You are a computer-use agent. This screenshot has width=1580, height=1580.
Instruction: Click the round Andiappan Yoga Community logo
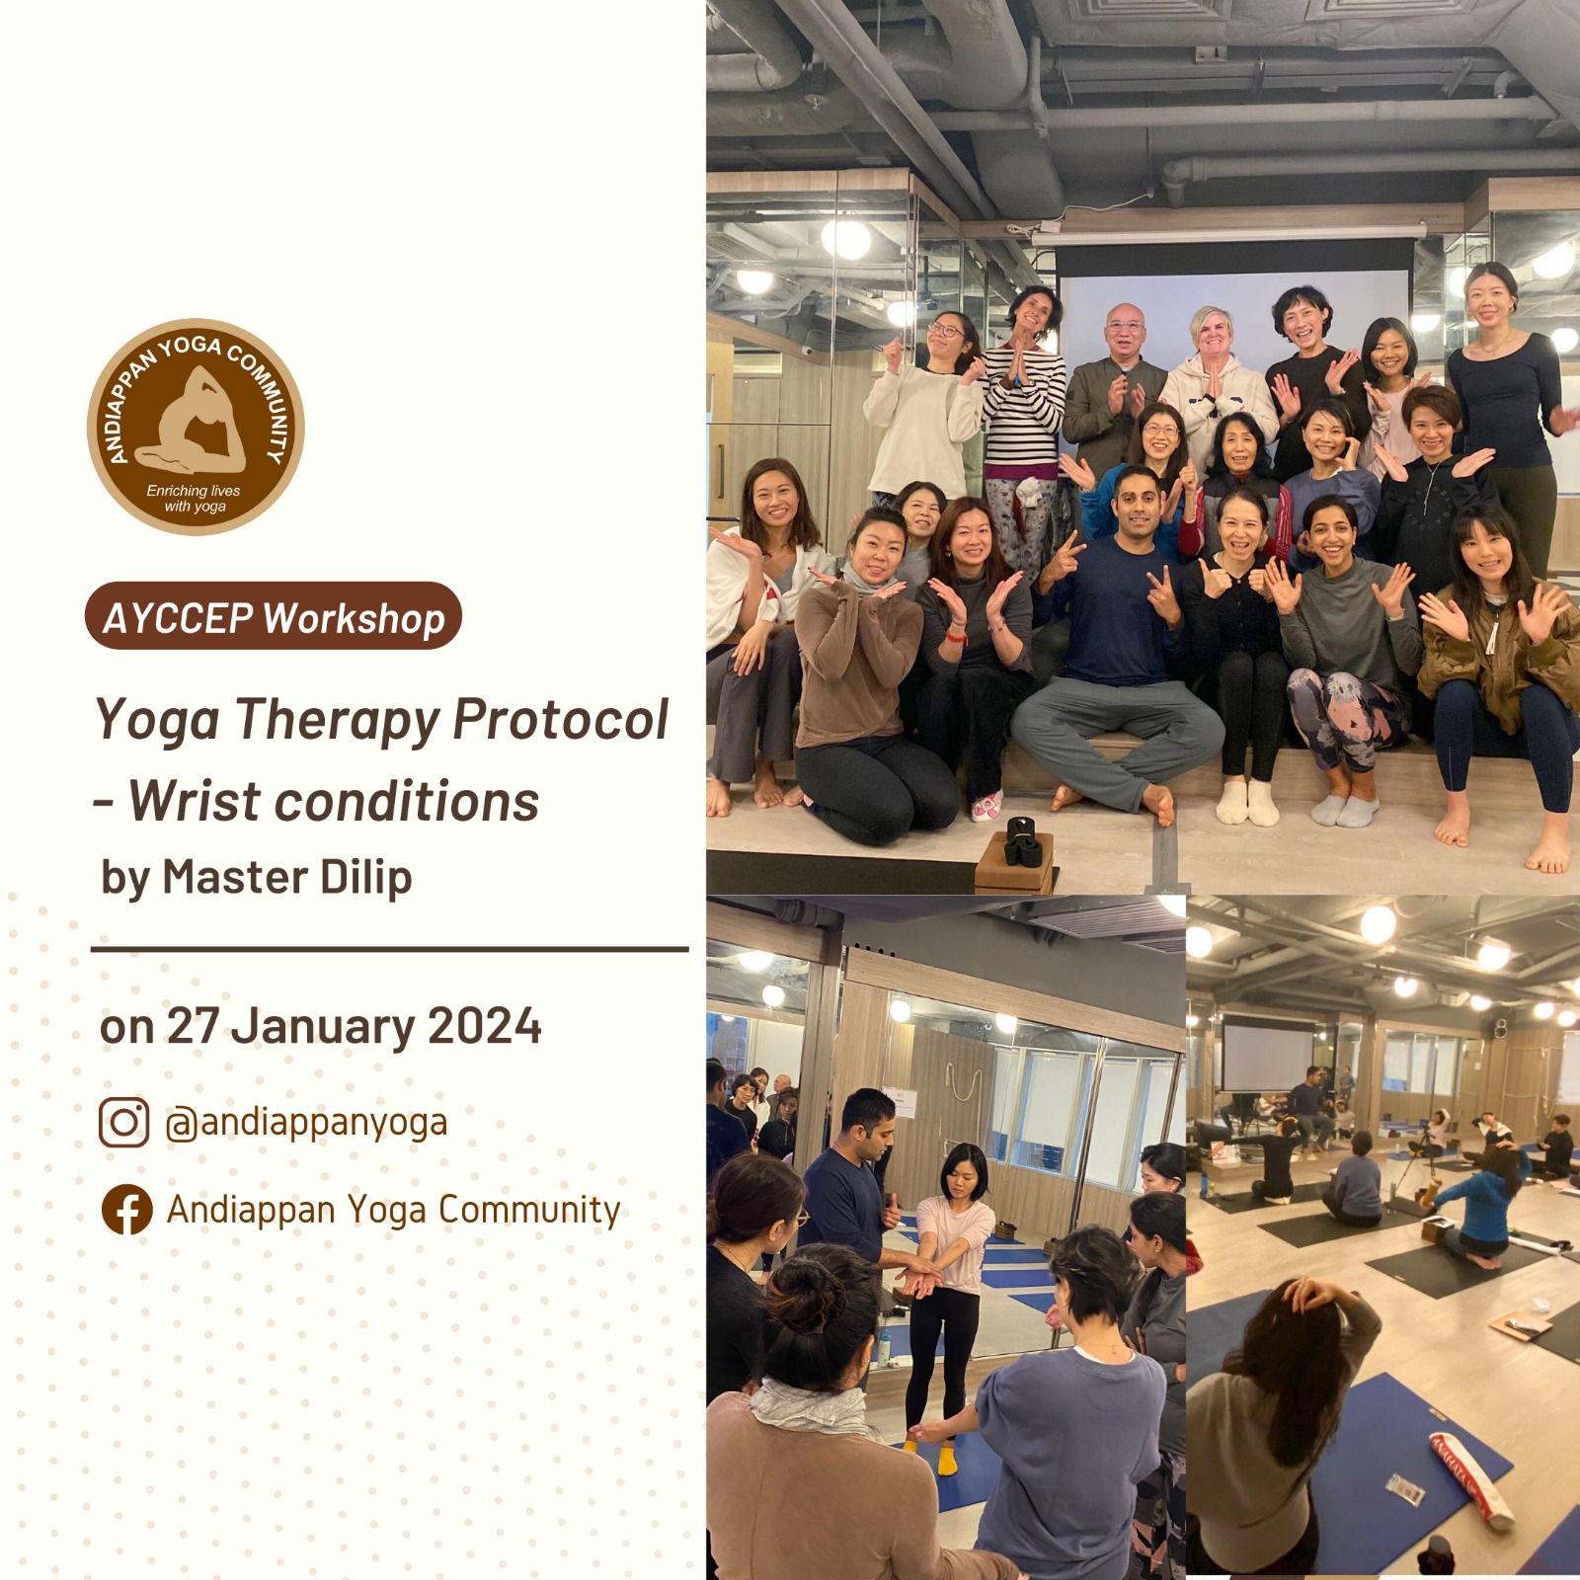(196, 427)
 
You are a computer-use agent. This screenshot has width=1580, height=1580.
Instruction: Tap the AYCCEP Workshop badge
(274, 616)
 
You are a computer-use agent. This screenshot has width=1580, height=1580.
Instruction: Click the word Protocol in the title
(561, 719)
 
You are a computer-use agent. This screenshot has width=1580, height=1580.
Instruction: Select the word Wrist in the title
(193, 801)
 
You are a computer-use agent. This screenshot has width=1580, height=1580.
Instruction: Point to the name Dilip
(364, 877)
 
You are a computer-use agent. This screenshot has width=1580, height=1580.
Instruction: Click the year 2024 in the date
(485, 1026)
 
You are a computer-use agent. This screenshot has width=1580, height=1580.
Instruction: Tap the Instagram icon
(124, 1122)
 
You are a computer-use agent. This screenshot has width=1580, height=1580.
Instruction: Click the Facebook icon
(127, 1210)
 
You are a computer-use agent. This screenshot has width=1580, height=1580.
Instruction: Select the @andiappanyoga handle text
(306, 1123)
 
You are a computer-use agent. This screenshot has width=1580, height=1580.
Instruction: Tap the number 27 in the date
(193, 1026)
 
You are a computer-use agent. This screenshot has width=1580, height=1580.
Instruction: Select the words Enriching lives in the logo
(194, 491)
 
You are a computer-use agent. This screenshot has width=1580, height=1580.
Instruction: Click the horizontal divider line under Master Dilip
(390, 949)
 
